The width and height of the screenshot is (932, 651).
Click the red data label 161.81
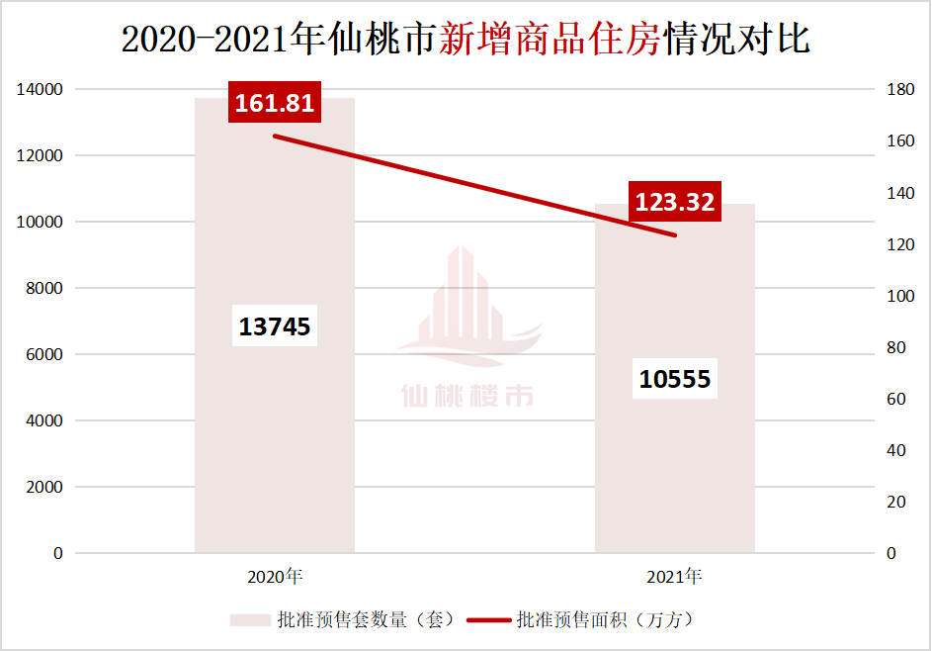click(x=274, y=102)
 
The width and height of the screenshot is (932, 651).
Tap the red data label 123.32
click(x=675, y=202)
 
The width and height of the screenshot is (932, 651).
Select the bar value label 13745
click(x=275, y=325)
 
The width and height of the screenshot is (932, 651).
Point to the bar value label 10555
click(x=675, y=378)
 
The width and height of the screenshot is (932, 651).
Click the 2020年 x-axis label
click(x=275, y=576)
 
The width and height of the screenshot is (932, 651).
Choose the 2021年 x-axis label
click(x=674, y=576)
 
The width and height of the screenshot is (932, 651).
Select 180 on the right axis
click(x=899, y=90)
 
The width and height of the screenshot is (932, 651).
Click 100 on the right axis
click(x=899, y=296)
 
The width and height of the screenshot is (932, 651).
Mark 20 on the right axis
click(x=895, y=503)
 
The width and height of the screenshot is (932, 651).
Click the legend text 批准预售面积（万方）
click(x=605, y=620)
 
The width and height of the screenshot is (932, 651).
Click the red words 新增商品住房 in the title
click(x=549, y=40)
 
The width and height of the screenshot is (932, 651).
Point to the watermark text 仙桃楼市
click(x=467, y=396)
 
